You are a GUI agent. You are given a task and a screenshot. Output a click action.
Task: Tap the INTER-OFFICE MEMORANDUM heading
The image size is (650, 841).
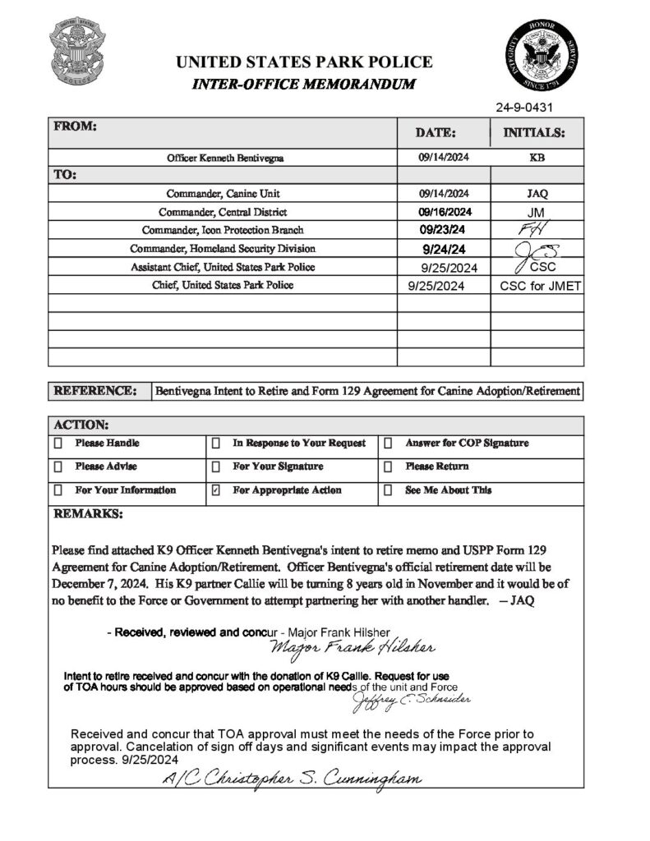pyautogui.click(x=303, y=85)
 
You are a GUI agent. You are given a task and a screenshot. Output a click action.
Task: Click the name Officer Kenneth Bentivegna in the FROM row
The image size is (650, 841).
pyautogui.click(x=224, y=158)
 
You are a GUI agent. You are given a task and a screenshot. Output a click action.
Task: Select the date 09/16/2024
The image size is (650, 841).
pyautogui.click(x=443, y=212)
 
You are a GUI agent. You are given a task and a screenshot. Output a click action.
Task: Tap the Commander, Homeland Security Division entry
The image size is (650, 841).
pyautogui.click(x=223, y=248)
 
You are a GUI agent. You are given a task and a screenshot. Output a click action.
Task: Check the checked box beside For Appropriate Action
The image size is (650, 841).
pyautogui.click(x=216, y=490)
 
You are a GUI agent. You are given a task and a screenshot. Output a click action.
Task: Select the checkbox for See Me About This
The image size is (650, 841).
pyautogui.click(x=387, y=490)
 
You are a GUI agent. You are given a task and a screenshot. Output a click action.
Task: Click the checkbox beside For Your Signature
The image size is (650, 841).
pyautogui.click(x=216, y=467)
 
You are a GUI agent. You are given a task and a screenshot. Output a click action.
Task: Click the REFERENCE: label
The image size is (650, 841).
pyautogui.click(x=95, y=392)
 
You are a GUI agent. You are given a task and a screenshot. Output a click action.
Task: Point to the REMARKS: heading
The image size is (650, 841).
pyautogui.click(x=88, y=514)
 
